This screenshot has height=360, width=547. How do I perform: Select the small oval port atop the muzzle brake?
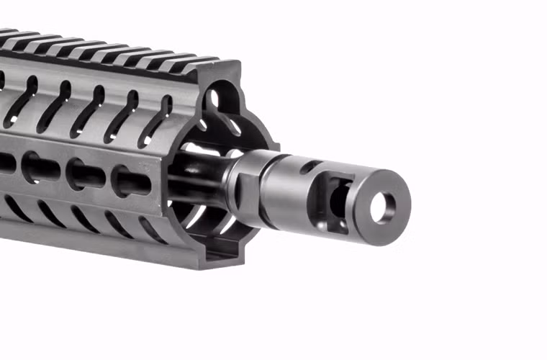pos(307,167)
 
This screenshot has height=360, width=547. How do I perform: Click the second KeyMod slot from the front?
pos(86,174)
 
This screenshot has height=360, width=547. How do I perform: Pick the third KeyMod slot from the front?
pos(40,167)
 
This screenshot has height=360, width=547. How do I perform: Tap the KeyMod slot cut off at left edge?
pos(6,162)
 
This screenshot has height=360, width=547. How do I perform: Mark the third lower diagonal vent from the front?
pos(80,215)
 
